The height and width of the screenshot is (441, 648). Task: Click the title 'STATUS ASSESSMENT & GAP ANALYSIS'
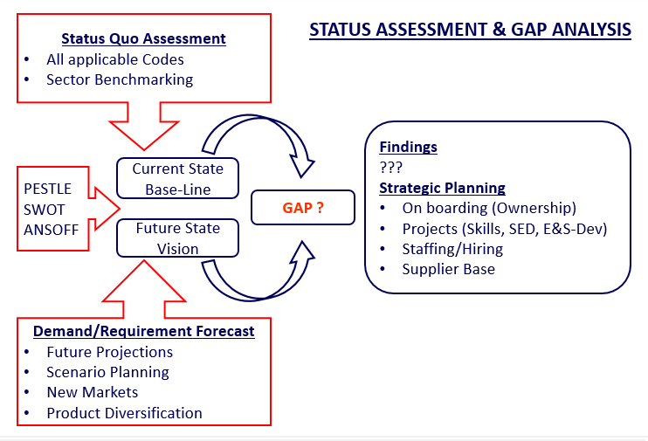471,30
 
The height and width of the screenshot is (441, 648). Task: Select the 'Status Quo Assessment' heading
143,38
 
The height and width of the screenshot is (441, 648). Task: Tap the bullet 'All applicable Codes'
115,60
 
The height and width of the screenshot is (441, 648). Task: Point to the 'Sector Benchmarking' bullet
120,79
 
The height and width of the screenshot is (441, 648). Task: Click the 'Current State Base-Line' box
177,178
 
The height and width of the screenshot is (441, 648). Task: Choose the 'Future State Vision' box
177,238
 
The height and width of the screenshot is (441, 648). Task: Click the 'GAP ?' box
303,209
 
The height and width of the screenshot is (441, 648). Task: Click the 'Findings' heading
408,147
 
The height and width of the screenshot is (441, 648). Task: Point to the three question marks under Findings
390,168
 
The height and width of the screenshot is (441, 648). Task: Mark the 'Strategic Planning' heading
442,188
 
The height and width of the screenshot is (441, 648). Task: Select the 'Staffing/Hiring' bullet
452,249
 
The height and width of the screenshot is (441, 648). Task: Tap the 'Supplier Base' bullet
448,269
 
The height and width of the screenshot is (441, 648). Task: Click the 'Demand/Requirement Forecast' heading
144,331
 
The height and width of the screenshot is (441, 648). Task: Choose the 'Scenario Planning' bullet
107,372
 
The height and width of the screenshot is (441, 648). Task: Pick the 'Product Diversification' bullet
124,413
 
